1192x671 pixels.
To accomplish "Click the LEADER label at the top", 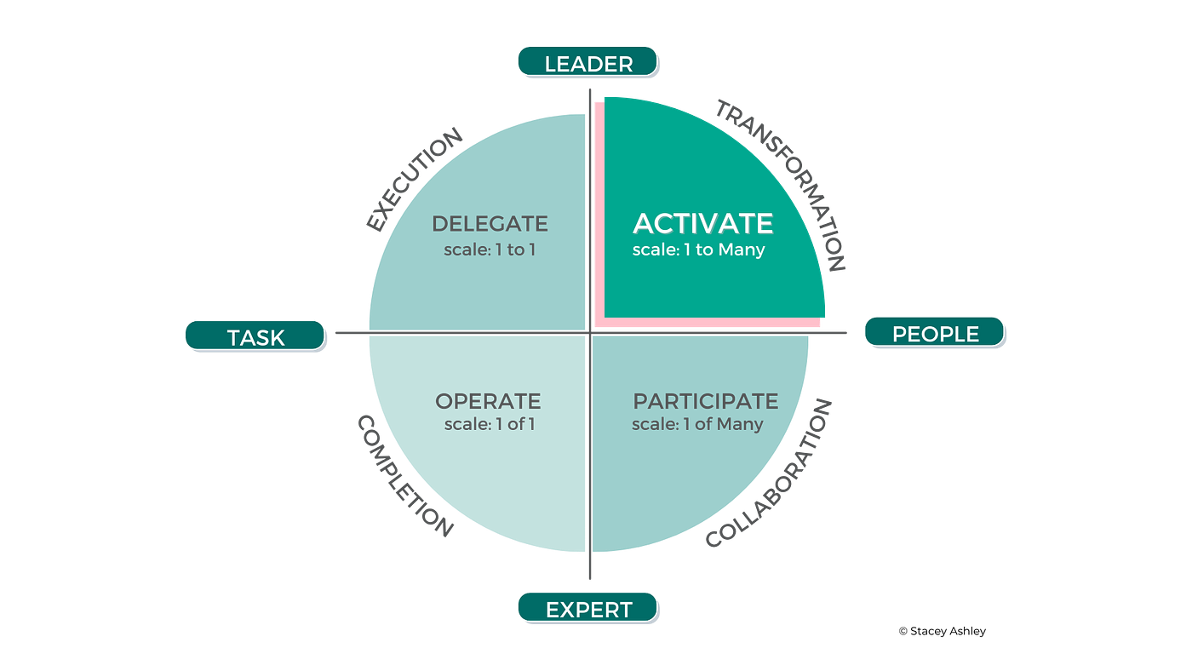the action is tap(588, 63).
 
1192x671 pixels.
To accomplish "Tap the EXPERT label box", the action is tap(588, 609).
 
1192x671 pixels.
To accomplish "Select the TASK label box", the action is tap(255, 337).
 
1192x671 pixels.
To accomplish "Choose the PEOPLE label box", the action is tap(935, 334).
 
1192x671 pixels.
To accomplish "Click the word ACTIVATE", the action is tap(703, 224).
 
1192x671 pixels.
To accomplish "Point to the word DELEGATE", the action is tap(490, 225).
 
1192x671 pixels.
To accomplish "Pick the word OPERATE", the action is tap(488, 401).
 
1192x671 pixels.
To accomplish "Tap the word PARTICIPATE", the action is tap(705, 401).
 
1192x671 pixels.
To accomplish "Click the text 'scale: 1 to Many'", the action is tap(698, 250).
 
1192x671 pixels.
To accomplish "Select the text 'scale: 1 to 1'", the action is tap(490, 250).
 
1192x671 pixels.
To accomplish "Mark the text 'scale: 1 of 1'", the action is tap(490, 424).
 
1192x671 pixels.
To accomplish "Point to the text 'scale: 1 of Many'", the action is tap(697, 424).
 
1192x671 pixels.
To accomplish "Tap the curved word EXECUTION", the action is tap(415, 179).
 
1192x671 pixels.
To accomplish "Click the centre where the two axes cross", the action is tap(590, 332).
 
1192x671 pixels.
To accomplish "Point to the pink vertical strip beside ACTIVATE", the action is tap(599, 213).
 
